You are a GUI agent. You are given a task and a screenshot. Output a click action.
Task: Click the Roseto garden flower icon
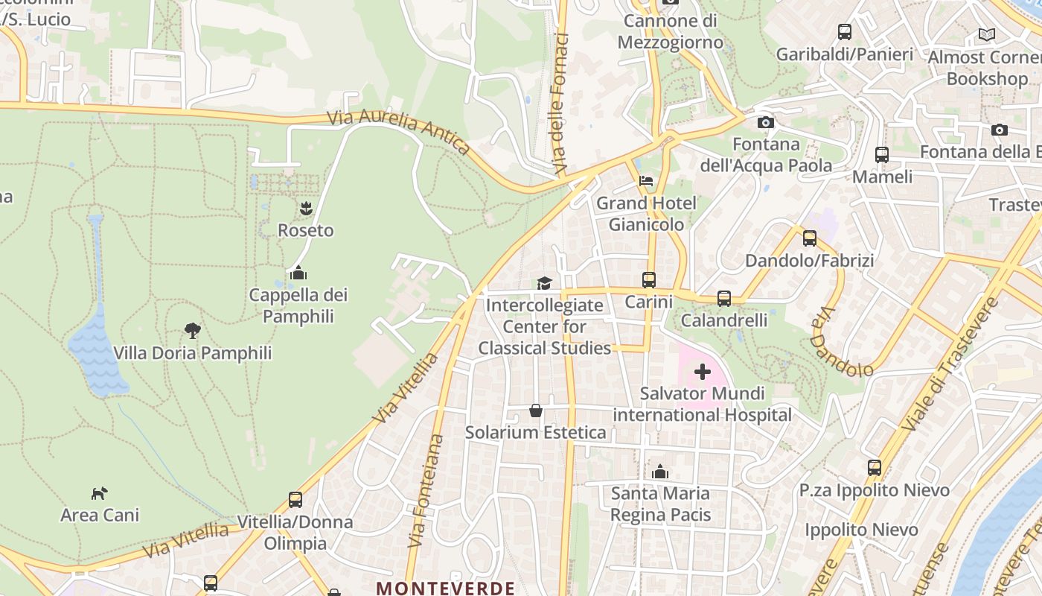305,209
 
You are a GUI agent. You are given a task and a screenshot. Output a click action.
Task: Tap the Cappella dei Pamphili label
298,305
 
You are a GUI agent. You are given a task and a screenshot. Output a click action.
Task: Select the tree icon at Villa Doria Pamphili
193,330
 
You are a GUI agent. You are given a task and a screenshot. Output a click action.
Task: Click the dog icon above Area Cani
99,492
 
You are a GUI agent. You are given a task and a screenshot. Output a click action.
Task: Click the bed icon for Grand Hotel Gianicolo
646,181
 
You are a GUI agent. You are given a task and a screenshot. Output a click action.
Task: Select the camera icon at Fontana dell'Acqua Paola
765,122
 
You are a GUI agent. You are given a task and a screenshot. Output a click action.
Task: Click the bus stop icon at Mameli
882,155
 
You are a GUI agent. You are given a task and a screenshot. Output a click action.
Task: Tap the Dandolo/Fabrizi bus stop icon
810,238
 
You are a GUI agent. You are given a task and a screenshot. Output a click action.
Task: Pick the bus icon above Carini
649,280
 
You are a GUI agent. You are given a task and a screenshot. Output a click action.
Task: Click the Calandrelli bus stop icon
724,299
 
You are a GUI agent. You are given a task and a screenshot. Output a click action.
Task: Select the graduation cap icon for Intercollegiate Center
545,283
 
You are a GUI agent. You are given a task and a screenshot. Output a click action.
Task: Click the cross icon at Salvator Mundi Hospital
703,371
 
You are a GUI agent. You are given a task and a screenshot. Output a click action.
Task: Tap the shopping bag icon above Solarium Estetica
536,410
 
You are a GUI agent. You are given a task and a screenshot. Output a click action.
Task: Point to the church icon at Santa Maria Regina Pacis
660,472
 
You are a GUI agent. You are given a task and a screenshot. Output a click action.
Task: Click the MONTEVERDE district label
445,588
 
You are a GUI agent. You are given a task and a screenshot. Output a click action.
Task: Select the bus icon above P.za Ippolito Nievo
875,468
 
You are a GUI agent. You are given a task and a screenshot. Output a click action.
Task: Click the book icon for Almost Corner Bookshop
987,34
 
